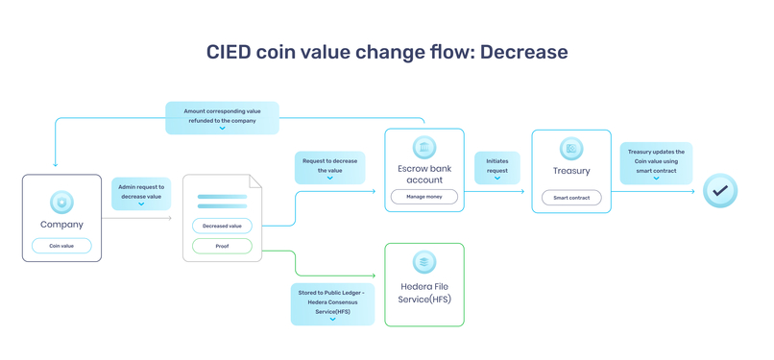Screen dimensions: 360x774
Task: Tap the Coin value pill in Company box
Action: coord(61,246)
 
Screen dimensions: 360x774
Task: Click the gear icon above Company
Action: coord(61,203)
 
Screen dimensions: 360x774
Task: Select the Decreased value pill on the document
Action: coord(222,226)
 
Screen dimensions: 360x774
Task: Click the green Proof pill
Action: coord(222,246)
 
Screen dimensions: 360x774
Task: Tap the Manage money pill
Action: coord(424,197)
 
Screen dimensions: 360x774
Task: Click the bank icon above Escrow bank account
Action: coord(424,147)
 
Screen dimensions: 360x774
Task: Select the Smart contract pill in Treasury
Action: coord(571,198)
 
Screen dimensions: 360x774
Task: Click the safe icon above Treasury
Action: coord(571,149)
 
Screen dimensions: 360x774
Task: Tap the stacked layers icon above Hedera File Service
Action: coord(424,261)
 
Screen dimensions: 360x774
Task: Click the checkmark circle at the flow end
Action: coord(719,191)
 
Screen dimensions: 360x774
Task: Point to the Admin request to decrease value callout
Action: coord(141,193)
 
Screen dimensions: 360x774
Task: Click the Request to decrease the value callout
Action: coord(329,167)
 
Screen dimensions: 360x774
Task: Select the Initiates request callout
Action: coord(497,167)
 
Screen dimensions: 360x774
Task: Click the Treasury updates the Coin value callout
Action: coord(656,162)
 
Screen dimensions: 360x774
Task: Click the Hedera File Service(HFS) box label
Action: coord(424,293)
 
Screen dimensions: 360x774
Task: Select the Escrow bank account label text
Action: coord(424,173)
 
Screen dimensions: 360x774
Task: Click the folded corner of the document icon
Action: coord(255,180)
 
